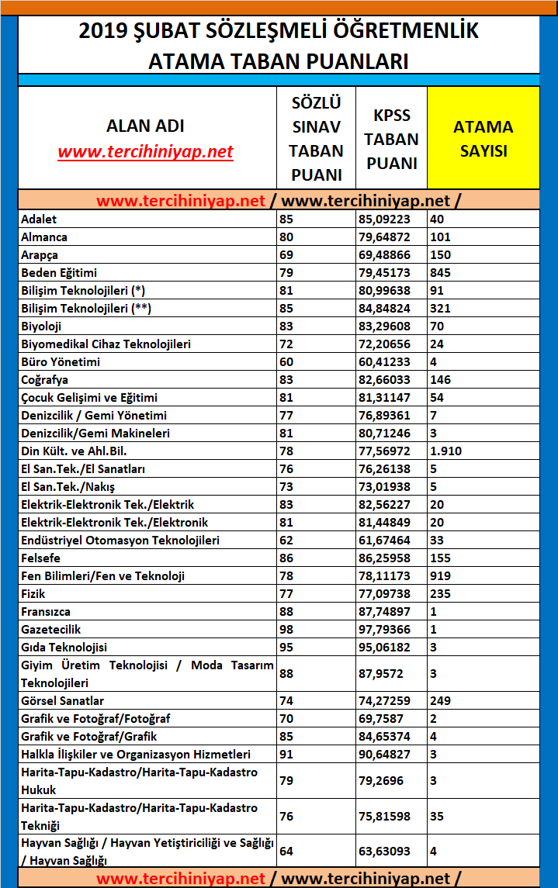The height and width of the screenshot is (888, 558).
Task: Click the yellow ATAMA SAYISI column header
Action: click(483, 138)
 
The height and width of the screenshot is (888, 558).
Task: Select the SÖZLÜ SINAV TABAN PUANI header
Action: click(316, 138)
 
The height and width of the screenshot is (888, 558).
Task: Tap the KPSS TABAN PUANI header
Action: click(391, 139)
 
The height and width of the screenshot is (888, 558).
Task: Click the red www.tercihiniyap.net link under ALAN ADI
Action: click(145, 151)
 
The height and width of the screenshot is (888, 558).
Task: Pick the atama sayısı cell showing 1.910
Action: click(446, 451)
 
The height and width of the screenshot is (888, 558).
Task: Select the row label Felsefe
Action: click(41, 558)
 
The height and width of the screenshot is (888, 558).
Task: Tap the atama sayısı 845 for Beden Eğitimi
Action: click(440, 273)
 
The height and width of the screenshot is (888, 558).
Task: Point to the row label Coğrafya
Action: click(45, 380)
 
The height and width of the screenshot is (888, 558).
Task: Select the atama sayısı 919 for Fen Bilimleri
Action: click(440, 576)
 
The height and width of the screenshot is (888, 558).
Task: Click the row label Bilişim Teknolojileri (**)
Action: click(86, 309)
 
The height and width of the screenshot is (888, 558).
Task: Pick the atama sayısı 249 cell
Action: click(440, 701)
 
